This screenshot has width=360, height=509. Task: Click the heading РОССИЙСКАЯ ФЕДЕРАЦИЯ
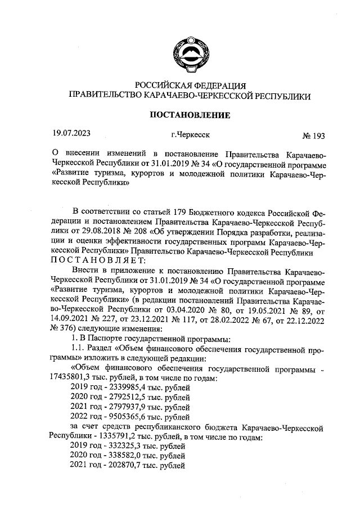[188, 86]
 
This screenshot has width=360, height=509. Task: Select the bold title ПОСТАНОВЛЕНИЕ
[188, 116]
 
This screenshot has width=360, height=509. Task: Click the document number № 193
[314, 136]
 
